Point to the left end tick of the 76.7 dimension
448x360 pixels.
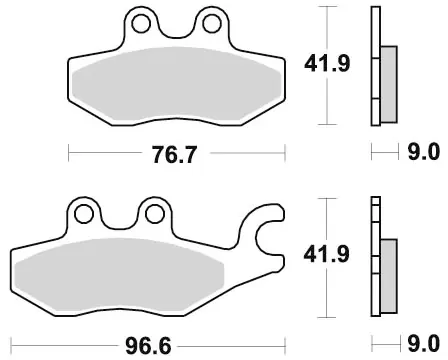(x=68, y=154)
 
